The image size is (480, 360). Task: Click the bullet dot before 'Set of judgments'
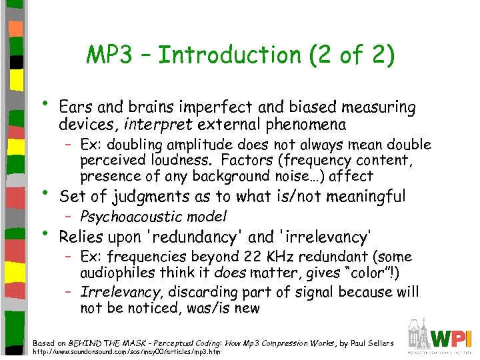coord(45,193)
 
